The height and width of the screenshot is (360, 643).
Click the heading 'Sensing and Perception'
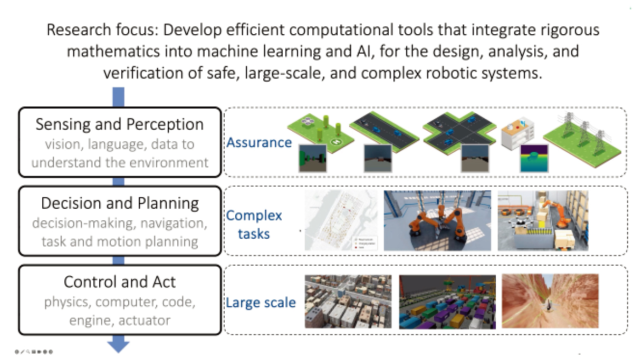click(119, 124)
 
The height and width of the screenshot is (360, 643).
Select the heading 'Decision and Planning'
click(120, 203)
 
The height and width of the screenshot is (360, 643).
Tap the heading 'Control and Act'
click(120, 281)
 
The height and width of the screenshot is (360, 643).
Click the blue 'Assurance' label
click(259, 142)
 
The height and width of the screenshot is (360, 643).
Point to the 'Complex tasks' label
click(254, 224)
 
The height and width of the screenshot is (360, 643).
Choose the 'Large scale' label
click(261, 303)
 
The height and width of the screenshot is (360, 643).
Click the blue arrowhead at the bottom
click(119, 346)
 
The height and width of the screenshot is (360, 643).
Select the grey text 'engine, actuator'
click(120, 319)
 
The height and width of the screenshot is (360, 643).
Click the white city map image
click(341, 220)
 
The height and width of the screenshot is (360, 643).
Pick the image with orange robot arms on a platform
click(437, 220)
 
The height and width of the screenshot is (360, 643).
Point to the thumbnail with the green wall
click(312, 158)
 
